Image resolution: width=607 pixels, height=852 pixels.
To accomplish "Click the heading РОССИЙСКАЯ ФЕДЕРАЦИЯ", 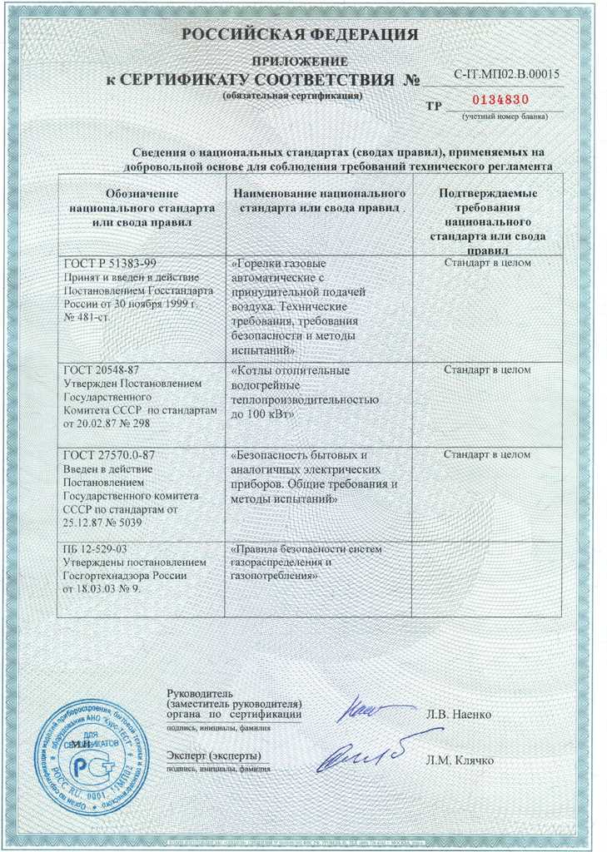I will (300, 35).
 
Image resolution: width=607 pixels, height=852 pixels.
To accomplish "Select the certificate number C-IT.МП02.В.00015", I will (506, 74).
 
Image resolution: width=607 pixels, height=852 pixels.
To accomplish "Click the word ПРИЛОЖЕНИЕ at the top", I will (300, 62).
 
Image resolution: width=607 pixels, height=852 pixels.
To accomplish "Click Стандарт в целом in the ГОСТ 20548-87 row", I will (487, 369).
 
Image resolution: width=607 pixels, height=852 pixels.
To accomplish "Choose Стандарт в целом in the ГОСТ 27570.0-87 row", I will (487, 455).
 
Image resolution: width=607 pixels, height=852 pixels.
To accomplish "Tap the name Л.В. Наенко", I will (458, 715).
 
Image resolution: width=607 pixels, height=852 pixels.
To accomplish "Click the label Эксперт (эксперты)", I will (213, 755).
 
